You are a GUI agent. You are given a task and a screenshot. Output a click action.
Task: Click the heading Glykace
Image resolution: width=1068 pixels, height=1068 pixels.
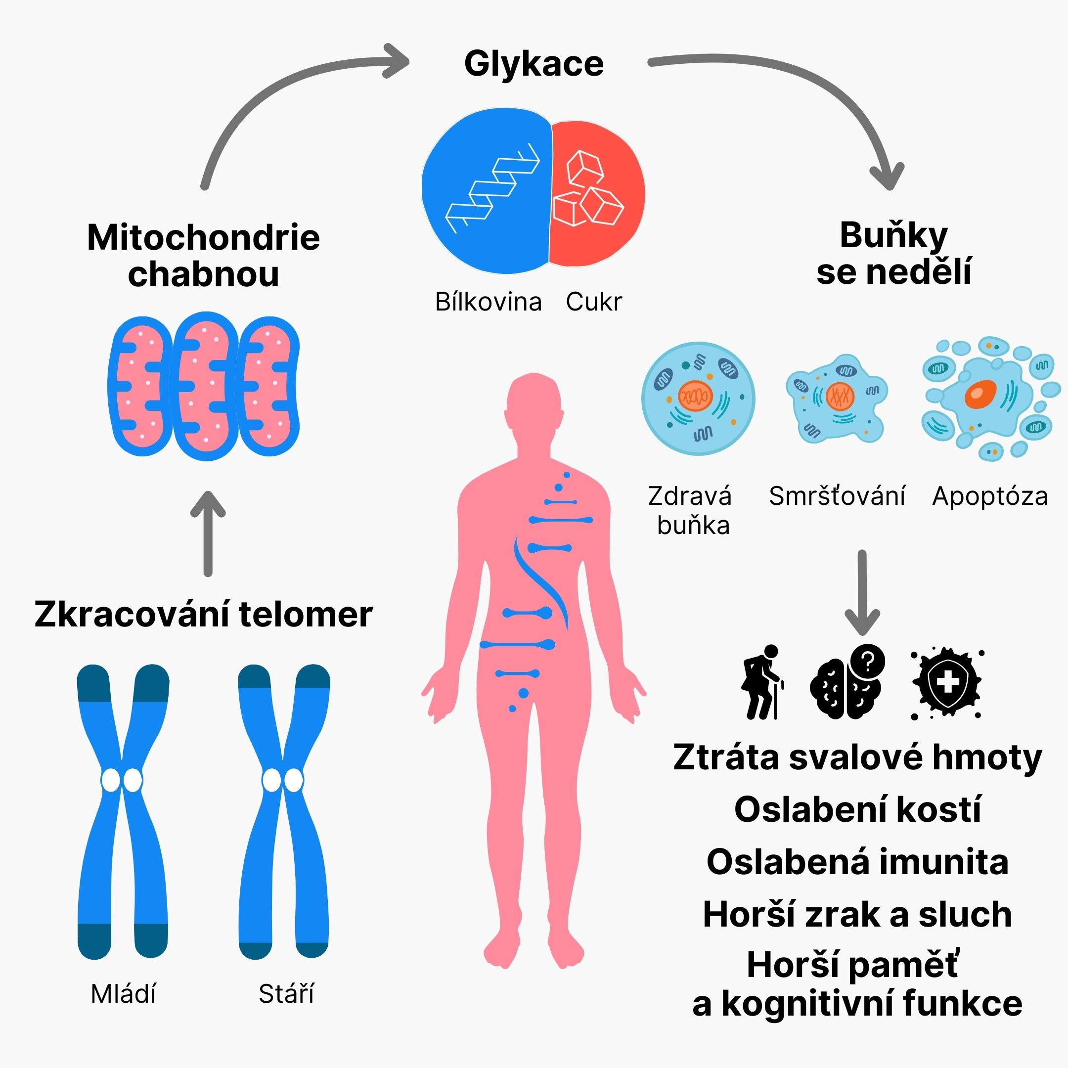click(x=534, y=64)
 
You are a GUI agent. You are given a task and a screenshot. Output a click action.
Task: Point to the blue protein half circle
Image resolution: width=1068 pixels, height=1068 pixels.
click(x=487, y=191)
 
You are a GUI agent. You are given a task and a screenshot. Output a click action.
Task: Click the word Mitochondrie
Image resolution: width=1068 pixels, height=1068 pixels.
click(x=203, y=238)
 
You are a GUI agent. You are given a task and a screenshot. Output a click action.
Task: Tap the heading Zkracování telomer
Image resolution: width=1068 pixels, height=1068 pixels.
click(x=203, y=614)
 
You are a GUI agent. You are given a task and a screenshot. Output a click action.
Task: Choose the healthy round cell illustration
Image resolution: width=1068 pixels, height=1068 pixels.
click(x=698, y=399)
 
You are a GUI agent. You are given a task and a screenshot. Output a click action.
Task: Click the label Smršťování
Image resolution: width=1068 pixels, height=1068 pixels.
click(x=837, y=496)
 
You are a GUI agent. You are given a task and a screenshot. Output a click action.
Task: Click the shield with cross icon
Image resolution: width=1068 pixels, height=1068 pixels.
click(x=946, y=683)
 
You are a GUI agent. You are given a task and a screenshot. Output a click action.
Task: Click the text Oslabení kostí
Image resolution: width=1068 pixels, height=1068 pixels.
click(x=857, y=810)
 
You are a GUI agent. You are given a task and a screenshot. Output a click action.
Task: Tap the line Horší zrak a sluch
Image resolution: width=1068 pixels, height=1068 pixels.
click(x=857, y=915)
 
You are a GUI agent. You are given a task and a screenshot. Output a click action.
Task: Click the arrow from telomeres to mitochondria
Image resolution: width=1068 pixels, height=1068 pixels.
click(x=208, y=534)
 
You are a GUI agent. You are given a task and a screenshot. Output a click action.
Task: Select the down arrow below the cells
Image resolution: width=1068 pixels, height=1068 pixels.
click(x=862, y=591)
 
